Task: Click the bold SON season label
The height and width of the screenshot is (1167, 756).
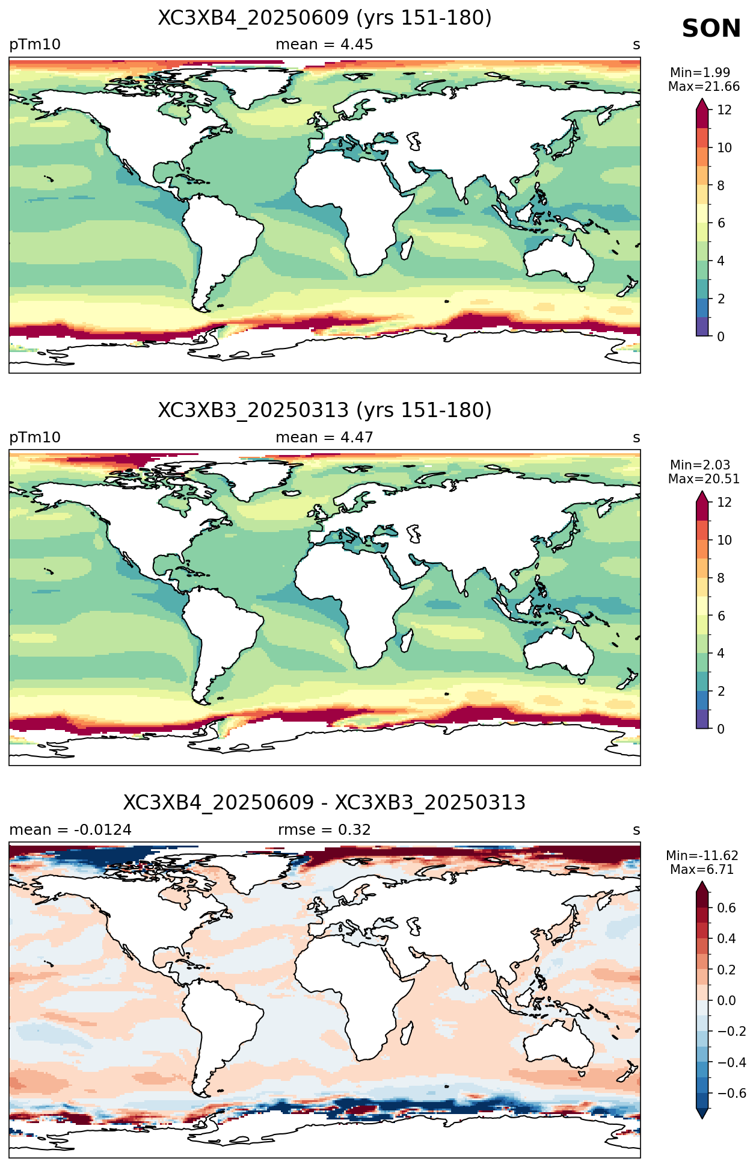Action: pyautogui.click(x=711, y=28)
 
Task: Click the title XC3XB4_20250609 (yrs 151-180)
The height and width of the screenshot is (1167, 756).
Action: pyautogui.click(x=325, y=18)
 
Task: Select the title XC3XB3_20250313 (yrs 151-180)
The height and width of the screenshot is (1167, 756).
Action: pyautogui.click(x=325, y=410)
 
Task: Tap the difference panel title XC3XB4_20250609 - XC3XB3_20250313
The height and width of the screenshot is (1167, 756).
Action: pyautogui.click(x=324, y=802)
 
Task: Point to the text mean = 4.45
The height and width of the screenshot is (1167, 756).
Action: pyautogui.click(x=324, y=45)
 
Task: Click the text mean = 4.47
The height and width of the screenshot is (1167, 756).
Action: pyautogui.click(x=324, y=437)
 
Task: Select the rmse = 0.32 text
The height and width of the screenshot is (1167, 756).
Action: pyautogui.click(x=324, y=829)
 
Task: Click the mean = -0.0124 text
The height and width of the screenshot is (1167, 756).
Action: pyautogui.click(x=70, y=829)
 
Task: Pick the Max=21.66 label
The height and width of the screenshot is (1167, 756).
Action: pyautogui.click(x=704, y=87)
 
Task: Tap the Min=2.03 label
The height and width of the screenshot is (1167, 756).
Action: pyautogui.click(x=700, y=465)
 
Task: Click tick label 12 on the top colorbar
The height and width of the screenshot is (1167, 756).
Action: pyautogui.click(x=724, y=110)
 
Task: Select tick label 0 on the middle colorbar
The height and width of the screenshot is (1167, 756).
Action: pyautogui.click(x=721, y=729)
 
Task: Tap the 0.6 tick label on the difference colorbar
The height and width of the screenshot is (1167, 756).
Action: pyautogui.click(x=727, y=908)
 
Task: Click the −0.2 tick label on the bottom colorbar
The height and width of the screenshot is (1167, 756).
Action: pyautogui.click(x=731, y=1031)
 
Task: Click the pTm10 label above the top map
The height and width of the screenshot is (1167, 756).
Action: pyautogui.click(x=35, y=45)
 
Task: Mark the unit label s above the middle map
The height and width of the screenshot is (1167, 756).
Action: pyautogui.click(x=636, y=438)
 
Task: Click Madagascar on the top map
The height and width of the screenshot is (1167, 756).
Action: pyautogui.click(x=407, y=248)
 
